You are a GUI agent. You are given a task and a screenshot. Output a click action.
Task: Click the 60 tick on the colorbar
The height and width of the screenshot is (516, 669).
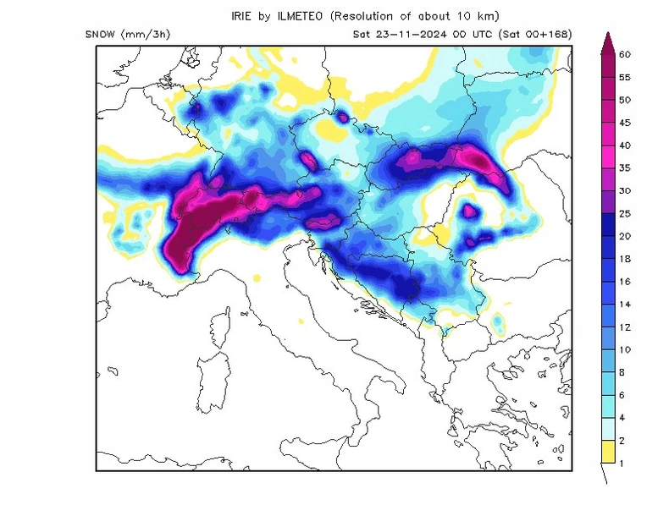point(626,54)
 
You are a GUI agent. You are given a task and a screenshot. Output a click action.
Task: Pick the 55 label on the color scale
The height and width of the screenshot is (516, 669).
point(626,77)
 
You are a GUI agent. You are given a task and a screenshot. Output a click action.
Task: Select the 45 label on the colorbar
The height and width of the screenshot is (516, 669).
point(626,123)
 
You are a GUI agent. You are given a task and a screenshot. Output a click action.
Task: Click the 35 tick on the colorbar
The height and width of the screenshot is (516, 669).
point(626,167)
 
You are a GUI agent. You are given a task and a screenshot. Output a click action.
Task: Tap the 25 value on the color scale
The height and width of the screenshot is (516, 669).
point(626,213)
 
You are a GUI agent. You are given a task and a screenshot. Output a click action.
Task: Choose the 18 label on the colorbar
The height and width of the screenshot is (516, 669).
point(626,259)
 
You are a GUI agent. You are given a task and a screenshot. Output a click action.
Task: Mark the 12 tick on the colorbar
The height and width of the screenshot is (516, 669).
point(626,327)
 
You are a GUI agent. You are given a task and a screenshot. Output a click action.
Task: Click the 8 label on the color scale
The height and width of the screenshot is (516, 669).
point(623,372)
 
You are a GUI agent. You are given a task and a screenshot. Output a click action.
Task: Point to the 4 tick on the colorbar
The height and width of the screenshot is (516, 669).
point(623,418)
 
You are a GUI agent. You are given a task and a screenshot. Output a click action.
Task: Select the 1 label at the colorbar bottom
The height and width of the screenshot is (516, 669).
point(623,464)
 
